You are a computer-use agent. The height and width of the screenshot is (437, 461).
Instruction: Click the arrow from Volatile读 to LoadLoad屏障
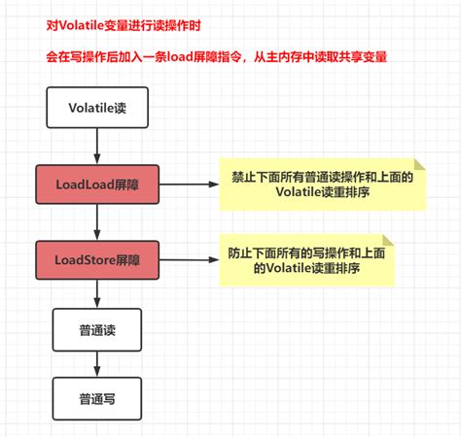pyautogui.click(x=94, y=146)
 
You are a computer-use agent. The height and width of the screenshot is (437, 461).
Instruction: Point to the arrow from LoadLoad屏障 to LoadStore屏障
pyautogui.click(x=94, y=222)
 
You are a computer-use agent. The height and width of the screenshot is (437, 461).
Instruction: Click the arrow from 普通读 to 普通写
pyautogui.click(x=94, y=362)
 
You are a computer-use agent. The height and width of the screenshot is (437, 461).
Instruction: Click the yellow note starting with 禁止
pyautogui.click(x=321, y=184)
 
